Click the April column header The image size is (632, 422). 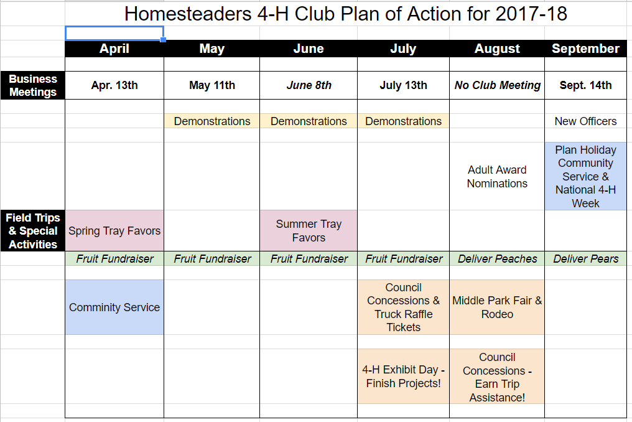(114, 49)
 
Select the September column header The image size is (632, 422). (585, 49)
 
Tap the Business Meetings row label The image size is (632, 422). (32, 85)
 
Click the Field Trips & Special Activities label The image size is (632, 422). (32, 231)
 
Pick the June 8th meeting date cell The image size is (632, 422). (309, 85)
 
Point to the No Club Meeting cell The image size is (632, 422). (497, 85)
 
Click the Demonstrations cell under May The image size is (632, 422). (212, 121)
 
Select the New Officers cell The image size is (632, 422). (585, 121)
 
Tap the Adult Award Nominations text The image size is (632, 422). (497, 176)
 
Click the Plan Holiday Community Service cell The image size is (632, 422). (585, 176)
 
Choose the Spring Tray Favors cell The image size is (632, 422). (114, 231)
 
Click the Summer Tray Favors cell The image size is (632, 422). (309, 231)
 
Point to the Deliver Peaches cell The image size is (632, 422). (497, 258)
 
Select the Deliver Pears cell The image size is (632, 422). (585, 258)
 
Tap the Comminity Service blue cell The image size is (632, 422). (114, 307)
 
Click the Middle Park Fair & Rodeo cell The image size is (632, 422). (497, 307)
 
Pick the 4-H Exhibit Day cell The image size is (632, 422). (404, 376)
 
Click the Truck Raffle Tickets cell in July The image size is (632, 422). (404, 307)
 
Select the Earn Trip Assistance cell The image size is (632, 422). (497, 377)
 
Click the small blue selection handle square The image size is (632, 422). (163, 40)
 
